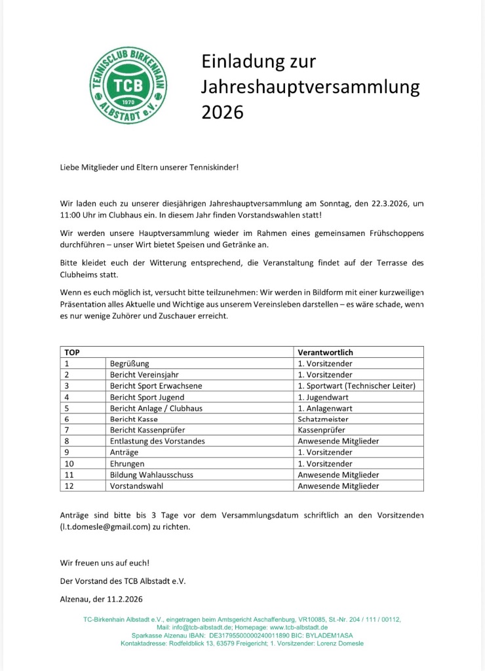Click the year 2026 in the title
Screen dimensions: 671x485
click(222, 112)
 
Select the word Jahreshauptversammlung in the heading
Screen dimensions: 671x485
click(310, 87)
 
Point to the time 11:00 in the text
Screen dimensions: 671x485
click(71, 215)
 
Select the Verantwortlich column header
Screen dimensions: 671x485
click(325, 352)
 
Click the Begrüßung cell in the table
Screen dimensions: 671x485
click(130, 363)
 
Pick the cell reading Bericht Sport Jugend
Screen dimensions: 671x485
click(147, 396)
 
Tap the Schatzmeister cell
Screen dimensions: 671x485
click(324, 419)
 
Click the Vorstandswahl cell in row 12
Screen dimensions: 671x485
click(136, 486)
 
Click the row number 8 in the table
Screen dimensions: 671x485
click(66, 441)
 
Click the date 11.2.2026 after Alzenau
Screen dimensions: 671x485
click(121, 599)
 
